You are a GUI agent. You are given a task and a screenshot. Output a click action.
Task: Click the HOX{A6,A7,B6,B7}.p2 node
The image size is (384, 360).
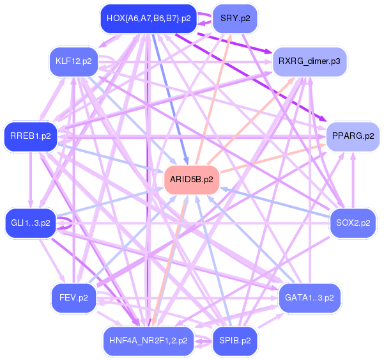pos(148,19)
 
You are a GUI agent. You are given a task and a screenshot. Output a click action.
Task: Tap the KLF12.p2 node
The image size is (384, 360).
pos(73,62)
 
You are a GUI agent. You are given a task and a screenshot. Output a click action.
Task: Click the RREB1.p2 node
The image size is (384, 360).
pos(30,136)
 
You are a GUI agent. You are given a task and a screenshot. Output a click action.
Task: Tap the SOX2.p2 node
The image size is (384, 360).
pos(353,223)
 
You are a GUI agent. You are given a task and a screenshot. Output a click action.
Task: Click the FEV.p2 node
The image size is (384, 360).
pos(73,297)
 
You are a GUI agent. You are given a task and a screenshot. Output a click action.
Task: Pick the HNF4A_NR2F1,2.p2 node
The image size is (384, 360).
pos(148,341)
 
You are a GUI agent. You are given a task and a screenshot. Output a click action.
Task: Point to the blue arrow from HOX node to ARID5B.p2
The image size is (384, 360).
pos(169,96)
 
